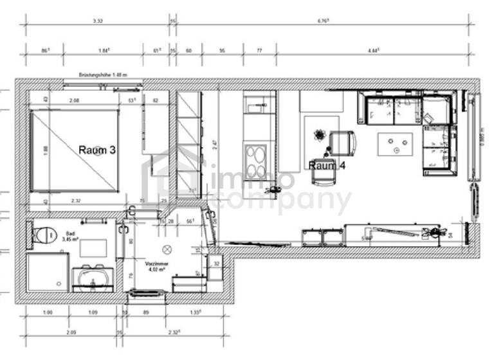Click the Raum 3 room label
[x=97, y=150]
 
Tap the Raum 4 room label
[x=327, y=165]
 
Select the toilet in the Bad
[x=44, y=235]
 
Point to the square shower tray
[x=48, y=272]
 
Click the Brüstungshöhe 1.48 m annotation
[x=103, y=75]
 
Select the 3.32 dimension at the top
[x=98, y=21]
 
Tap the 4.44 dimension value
[x=373, y=50]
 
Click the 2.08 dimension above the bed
[x=74, y=101]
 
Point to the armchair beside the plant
[x=342, y=143]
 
